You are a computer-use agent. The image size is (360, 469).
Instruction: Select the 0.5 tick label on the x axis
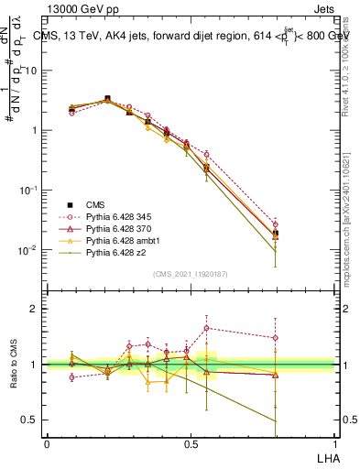click(x=190, y=442)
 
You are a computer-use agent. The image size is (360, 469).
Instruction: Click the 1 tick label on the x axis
click(x=333, y=442)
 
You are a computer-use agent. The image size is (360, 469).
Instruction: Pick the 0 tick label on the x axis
click(x=47, y=442)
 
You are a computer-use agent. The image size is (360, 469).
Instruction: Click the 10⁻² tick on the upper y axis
click(x=28, y=249)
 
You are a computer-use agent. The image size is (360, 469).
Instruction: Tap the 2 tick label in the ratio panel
click(x=34, y=309)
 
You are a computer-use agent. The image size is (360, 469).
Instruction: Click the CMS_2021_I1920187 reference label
click(x=190, y=274)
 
